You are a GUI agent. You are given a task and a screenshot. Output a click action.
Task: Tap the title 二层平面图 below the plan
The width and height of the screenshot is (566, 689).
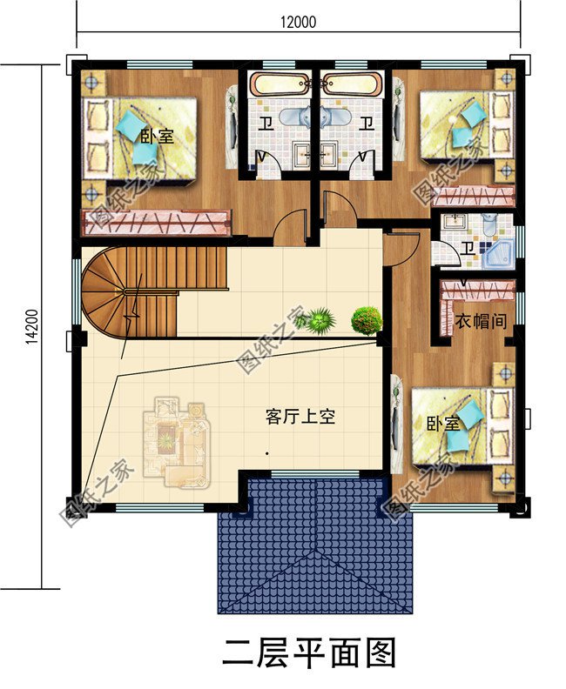pos(309,652)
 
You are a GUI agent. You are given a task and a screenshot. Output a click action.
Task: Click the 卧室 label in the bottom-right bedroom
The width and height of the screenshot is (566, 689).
pos(442,425)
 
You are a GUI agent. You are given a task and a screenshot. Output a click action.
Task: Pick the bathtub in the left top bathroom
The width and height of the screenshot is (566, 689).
pos(279,85)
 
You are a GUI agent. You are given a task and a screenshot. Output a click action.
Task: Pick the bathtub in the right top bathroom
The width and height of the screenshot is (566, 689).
pos(351,85)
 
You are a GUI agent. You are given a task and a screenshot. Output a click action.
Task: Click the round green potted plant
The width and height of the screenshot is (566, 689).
pos(367,319)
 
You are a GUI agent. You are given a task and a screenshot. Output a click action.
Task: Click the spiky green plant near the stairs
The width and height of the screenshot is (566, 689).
pos(320,320)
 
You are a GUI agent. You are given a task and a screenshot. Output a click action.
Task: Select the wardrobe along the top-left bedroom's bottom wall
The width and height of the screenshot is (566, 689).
pos(156,223)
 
